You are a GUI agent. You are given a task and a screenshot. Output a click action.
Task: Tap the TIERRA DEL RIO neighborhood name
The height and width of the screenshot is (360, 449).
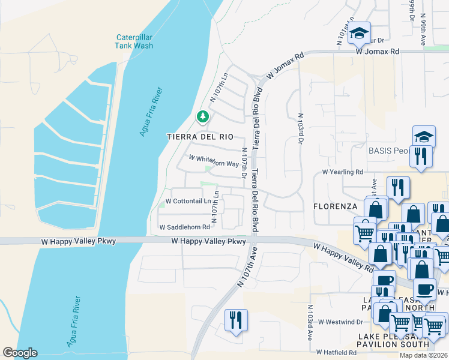(199, 137)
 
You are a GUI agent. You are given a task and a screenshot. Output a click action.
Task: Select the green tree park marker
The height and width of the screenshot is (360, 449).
(203, 115)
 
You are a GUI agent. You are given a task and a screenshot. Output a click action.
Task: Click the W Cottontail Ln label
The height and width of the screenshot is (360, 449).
(188, 201)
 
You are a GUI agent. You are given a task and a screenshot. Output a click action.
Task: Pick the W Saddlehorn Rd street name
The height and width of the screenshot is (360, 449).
(184, 227)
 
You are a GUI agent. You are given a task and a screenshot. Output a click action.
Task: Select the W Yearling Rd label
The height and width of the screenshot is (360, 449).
(343, 172)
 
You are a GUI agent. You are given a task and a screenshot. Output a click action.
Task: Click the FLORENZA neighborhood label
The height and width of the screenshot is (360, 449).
(336, 206)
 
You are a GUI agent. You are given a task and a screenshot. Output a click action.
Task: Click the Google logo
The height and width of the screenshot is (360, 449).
(20, 352)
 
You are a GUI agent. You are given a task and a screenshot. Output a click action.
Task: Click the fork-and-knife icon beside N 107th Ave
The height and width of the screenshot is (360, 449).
(235, 319)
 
